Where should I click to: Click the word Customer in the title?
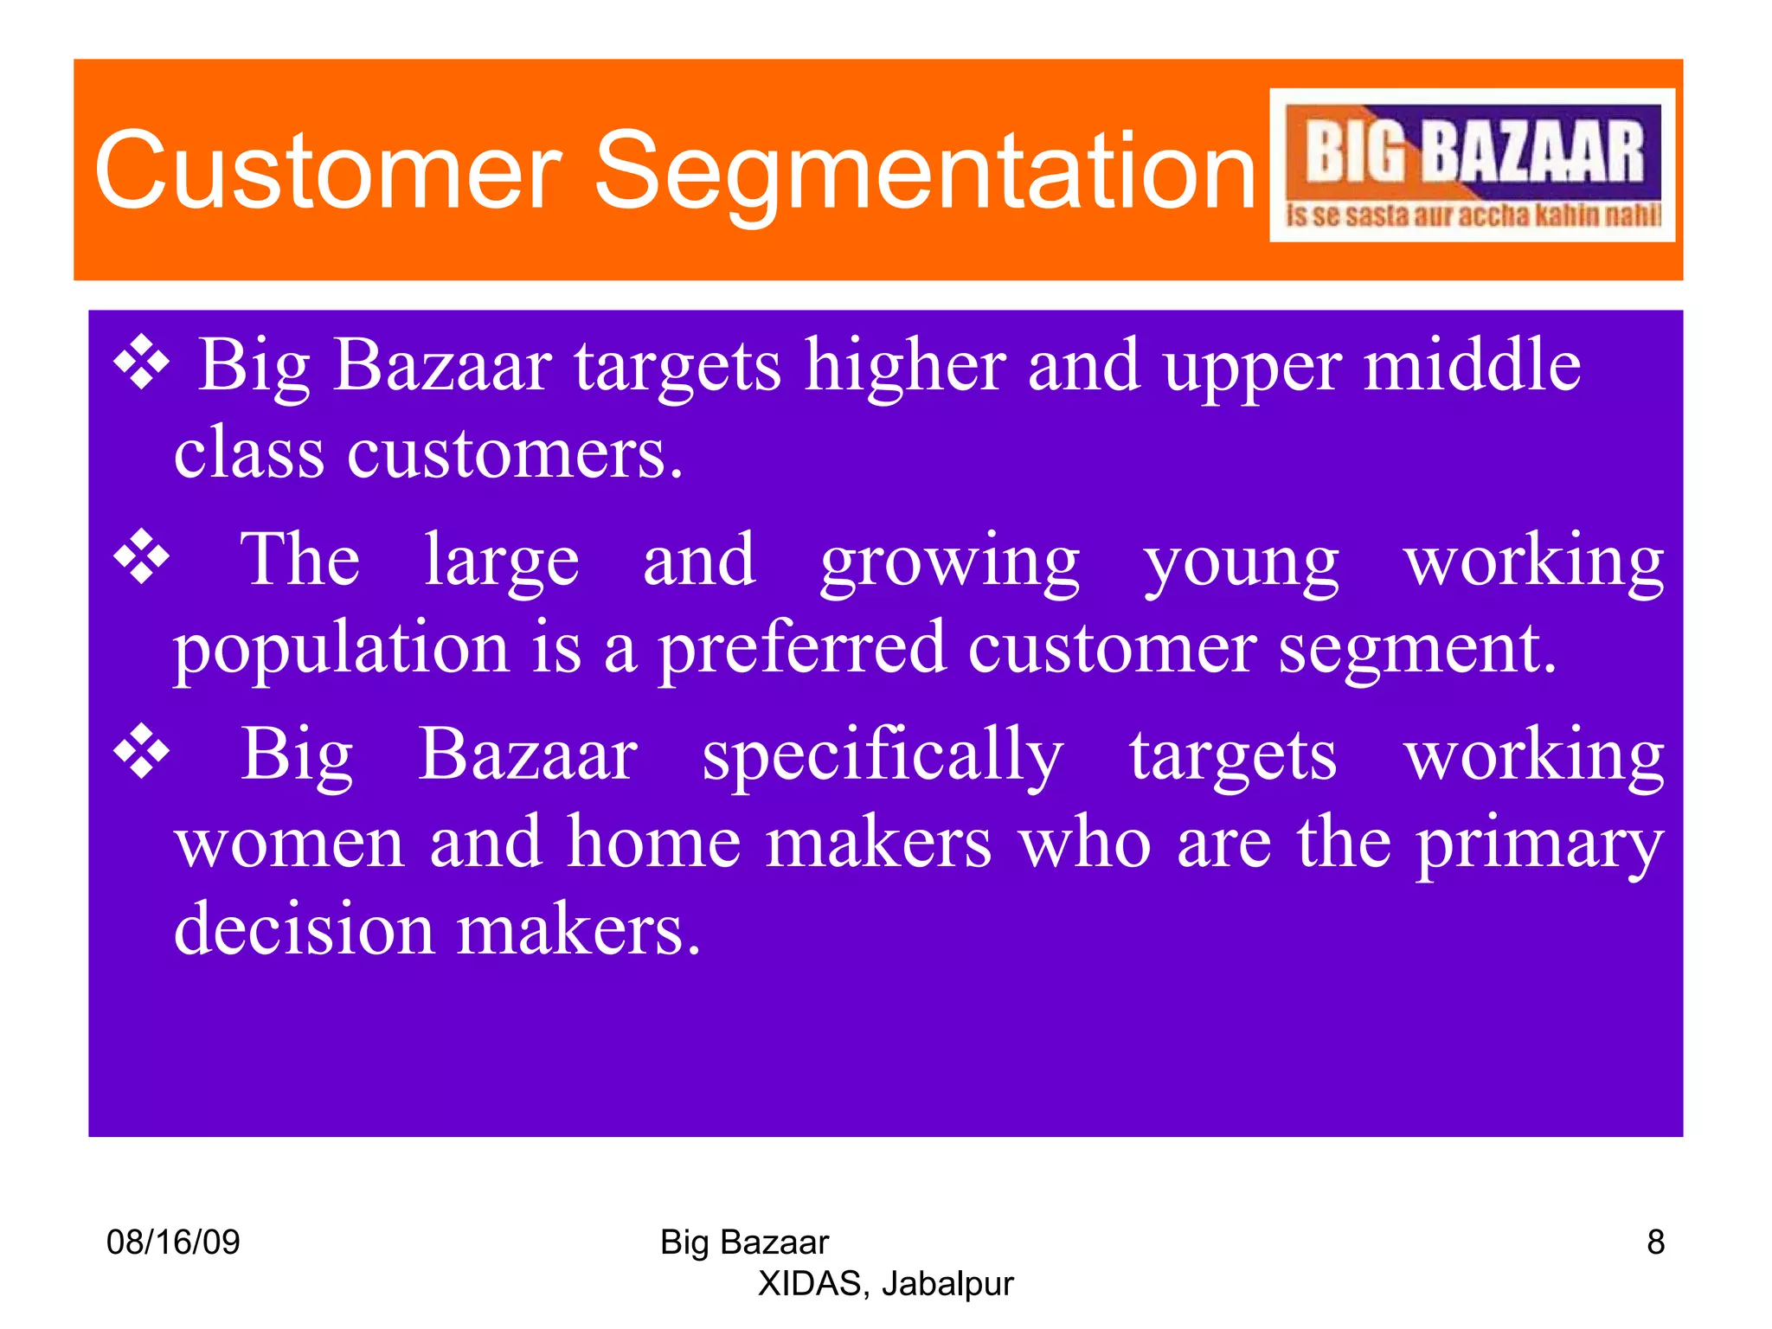[x=329, y=170]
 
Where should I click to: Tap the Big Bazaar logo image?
[x=1472, y=165]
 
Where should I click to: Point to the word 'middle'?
[x=1472, y=365]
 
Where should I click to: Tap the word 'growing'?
[x=950, y=562]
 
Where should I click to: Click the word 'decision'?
[x=304, y=928]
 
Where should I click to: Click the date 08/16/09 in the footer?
[x=173, y=1242]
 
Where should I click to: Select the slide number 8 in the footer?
[x=1655, y=1242]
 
